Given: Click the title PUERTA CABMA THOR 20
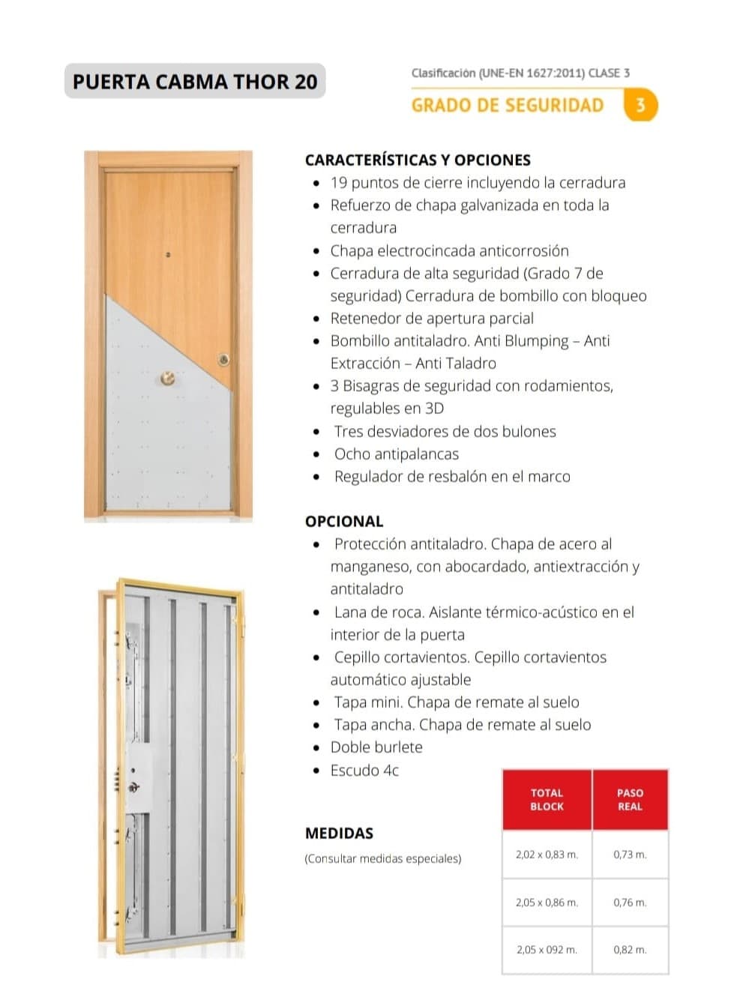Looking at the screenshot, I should point(195,81).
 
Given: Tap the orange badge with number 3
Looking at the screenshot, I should point(640,105).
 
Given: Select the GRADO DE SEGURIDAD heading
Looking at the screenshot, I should point(508,105).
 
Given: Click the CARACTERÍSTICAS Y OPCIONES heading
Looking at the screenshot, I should point(418,160).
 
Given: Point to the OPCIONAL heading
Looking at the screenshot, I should point(344,521).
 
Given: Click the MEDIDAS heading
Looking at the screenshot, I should point(339,833).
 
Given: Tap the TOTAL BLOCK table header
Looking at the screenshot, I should point(547,799).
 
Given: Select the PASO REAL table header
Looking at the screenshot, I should point(630,799).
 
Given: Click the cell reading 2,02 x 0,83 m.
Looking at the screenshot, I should point(547,854).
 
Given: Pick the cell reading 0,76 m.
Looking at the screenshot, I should point(630,902).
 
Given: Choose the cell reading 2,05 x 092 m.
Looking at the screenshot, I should point(547,949).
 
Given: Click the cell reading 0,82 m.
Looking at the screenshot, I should point(630,949).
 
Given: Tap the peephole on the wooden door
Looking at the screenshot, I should point(168,256).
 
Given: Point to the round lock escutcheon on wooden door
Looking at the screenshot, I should point(223,360).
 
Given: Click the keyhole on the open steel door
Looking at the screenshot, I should point(134,787).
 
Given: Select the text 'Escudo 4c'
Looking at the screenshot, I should point(364,770).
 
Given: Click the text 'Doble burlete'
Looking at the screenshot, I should point(376,747).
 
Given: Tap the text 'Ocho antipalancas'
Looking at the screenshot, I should point(396,454).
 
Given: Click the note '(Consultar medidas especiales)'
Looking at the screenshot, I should point(382,858).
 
